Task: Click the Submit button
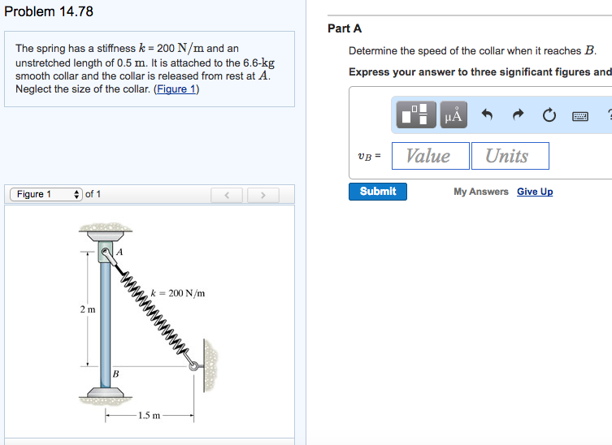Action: [378, 192]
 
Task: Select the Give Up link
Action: [535, 192]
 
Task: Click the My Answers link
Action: [481, 192]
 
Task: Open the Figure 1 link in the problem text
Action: [176, 89]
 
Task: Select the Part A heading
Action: [345, 28]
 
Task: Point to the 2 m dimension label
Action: [88, 309]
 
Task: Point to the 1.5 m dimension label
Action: [149, 416]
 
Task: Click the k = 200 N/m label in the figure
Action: [178, 293]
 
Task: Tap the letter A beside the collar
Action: [120, 253]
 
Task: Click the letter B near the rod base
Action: [115, 374]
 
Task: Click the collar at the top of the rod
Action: [106, 254]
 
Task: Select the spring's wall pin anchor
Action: [194, 366]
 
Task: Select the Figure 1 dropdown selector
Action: [46, 194]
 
